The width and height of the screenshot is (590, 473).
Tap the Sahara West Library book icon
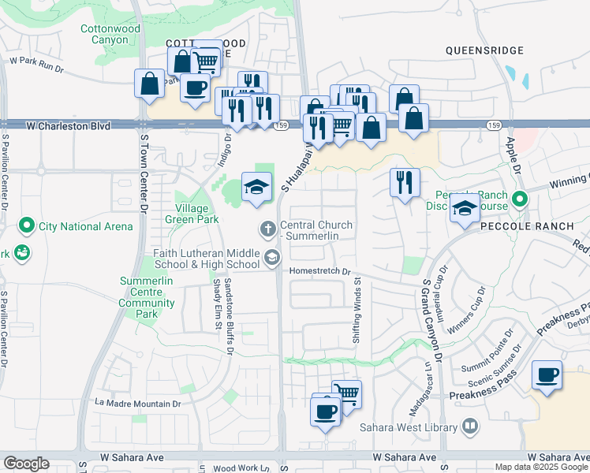click(471, 426)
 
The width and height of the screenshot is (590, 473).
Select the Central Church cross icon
click(268, 229)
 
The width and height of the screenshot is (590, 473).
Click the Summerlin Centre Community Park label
click(147, 297)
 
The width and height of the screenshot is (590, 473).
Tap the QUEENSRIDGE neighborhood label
click(484, 50)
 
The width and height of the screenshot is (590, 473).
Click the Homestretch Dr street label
click(320, 270)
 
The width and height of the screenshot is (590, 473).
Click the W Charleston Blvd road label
click(67, 125)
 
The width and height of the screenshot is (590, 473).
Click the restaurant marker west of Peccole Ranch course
click(404, 182)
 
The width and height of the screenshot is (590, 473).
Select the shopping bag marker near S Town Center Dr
click(149, 84)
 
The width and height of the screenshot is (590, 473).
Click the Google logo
click(26, 464)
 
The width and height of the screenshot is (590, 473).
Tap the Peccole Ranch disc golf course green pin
click(519, 199)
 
